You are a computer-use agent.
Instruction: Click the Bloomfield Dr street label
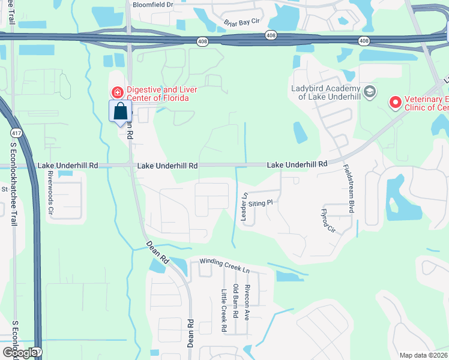pyautogui.click(x=152, y=4)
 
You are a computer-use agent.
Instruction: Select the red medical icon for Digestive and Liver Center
pyautogui.click(x=117, y=92)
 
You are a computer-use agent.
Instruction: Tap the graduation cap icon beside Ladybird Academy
pyautogui.click(x=370, y=92)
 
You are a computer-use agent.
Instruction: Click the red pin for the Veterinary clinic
pyautogui.click(x=395, y=103)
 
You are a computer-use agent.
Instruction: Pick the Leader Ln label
pyautogui.click(x=244, y=206)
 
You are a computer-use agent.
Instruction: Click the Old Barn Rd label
pyautogui.click(x=235, y=301)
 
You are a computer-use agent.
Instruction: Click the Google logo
pyautogui.click(x=19, y=352)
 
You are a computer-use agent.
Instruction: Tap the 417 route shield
pyautogui.click(x=37, y=352)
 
